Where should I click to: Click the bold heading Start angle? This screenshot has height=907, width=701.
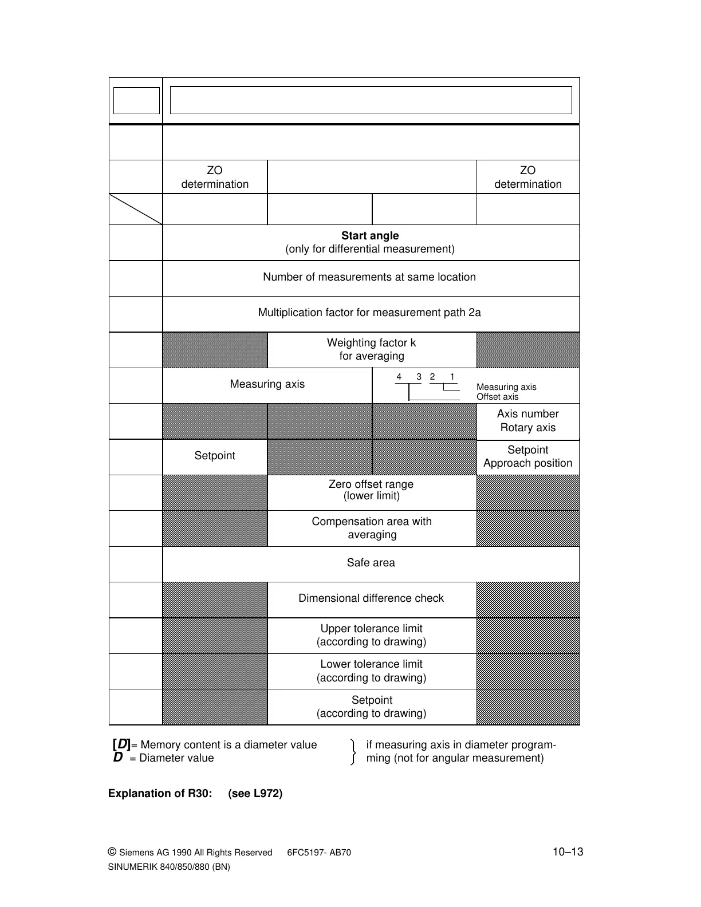tap(370, 236)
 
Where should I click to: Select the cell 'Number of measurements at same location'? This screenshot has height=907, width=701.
tap(369, 277)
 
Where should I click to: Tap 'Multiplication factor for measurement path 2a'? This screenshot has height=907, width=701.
tap(369, 313)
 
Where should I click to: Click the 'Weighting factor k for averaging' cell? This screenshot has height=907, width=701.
tap(372, 349)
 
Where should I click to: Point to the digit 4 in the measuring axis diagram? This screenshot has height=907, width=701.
tap(399, 377)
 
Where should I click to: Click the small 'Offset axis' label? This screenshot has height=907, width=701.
tap(497, 397)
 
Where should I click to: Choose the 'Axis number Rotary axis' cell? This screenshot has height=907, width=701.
tap(527, 421)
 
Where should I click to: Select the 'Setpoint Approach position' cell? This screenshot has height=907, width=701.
tap(527, 456)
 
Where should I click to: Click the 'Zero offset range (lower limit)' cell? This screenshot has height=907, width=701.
tap(371, 490)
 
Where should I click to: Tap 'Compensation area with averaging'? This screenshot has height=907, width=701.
tap(372, 528)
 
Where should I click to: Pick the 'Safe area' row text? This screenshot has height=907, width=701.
tap(371, 563)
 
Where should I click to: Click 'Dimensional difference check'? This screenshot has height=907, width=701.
tap(371, 598)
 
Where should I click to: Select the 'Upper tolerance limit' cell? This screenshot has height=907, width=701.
tap(372, 635)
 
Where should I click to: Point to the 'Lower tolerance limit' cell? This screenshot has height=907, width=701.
tap(372, 671)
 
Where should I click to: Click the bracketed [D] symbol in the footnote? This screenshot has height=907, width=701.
tap(121, 744)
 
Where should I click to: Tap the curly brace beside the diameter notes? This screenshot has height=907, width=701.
tap(353, 752)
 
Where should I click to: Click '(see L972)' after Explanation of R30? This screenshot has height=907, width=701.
tap(255, 794)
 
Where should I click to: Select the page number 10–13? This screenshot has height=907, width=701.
tap(568, 852)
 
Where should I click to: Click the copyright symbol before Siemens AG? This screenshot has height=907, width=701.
tap(112, 852)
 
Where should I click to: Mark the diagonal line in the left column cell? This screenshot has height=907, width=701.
tap(136, 209)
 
